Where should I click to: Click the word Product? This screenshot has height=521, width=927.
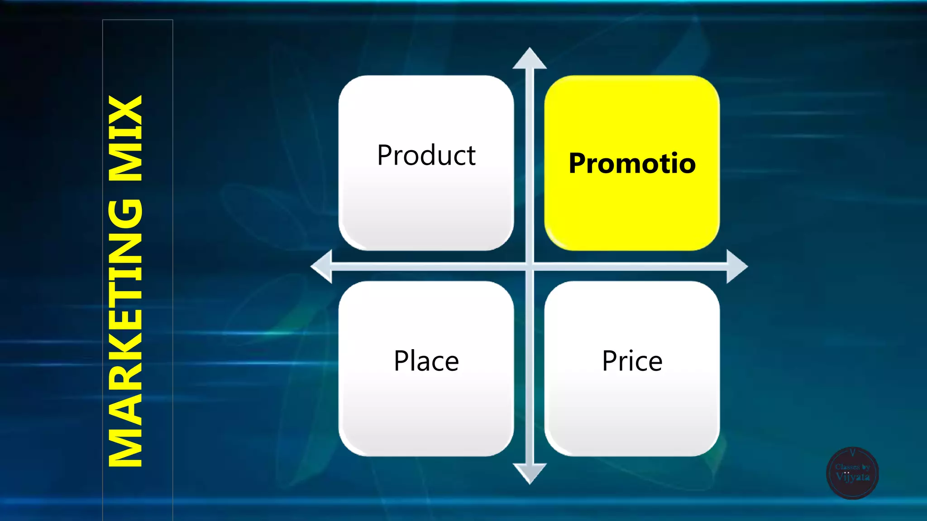click(426, 156)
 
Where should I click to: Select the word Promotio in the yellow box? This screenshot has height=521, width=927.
click(632, 163)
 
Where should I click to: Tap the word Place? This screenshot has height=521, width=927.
click(426, 361)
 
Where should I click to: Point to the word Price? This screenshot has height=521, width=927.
click(632, 361)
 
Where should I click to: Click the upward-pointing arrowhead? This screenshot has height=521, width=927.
click(530, 59)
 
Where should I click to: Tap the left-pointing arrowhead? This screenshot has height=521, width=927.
click(322, 266)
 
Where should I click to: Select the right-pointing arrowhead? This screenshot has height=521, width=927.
click(736, 266)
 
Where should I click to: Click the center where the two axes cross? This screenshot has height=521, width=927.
click(530, 266)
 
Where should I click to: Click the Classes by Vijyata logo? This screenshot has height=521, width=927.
click(852, 473)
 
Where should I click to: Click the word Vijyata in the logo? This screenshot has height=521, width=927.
click(852, 477)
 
